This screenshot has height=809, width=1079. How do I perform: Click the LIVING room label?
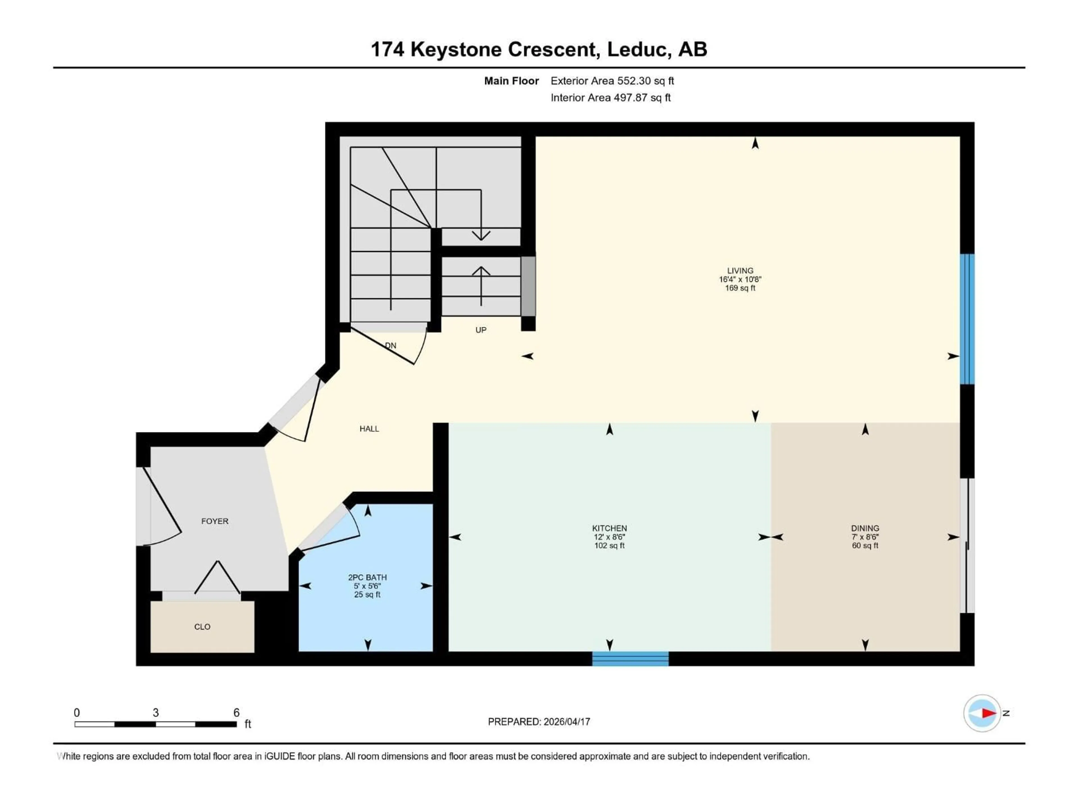(x=740, y=271)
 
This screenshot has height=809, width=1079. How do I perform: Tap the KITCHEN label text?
(x=609, y=528)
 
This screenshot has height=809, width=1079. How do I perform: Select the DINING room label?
(x=865, y=528)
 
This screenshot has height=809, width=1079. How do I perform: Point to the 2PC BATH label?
(x=367, y=577)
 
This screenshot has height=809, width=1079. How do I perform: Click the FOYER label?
(x=215, y=521)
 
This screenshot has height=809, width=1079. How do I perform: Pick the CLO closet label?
(x=202, y=627)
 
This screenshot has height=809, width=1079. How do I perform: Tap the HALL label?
(x=369, y=429)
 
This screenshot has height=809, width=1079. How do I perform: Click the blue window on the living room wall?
(x=967, y=319)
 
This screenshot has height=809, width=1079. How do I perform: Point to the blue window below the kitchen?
(x=630, y=659)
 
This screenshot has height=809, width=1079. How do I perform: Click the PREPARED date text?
(x=539, y=722)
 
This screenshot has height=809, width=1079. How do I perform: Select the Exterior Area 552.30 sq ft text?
(x=612, y=81)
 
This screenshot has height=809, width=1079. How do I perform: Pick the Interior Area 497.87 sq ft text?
(x=611, y=97)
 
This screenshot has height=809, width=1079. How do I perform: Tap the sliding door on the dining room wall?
(x=967, y=545)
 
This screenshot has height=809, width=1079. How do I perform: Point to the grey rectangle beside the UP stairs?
(x=528, y=286)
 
